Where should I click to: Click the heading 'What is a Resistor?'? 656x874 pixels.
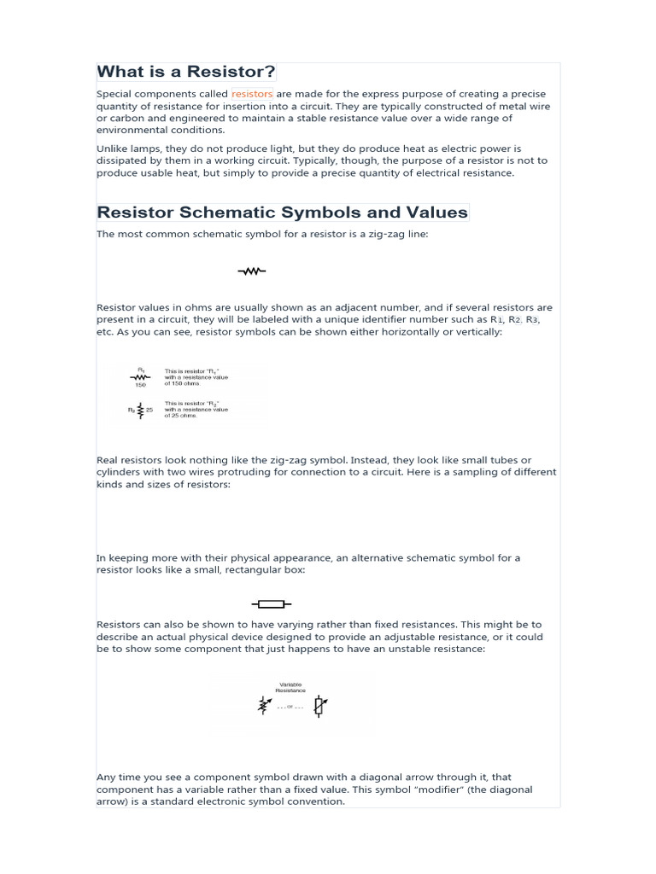tap(186, 72)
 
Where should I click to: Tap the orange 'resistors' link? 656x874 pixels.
tap(252, 94)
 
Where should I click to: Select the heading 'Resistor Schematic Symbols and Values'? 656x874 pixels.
tap(283, 213)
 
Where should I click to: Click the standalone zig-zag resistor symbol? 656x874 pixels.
tap(251, 271)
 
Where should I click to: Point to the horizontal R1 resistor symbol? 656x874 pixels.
tap(140, 376)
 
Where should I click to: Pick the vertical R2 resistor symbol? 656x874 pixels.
tap(140, 410)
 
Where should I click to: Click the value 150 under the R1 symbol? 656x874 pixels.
tap(140, 385)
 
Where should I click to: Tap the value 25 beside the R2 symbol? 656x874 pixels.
tap(149, 410)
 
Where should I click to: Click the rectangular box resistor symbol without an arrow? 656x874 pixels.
tap(270, 604)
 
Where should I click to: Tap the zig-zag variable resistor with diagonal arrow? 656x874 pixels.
tap(265, 706)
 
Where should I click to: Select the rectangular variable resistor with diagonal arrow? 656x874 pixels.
tap(319, 706)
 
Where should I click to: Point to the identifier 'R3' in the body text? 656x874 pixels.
tap(532, 319)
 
